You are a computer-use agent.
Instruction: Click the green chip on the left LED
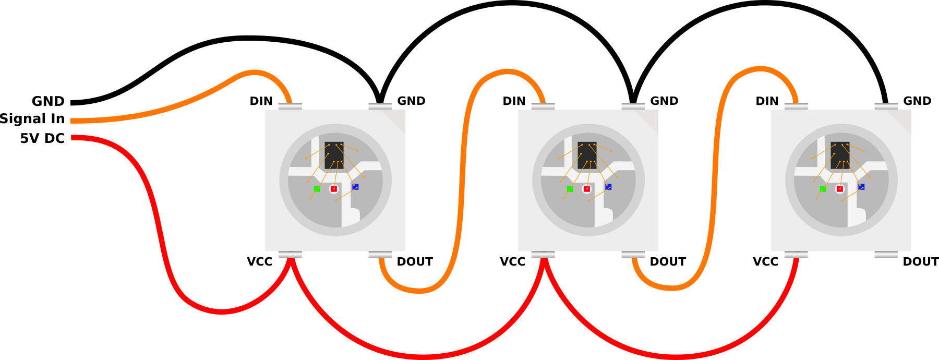(x=317, y=189)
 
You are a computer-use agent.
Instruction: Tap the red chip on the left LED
(x=334, y=189)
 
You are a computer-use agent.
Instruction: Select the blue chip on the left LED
(x=355, y=187)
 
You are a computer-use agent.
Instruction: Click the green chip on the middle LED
(x=570, y=189)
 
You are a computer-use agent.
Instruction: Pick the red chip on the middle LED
(x=587, y=189)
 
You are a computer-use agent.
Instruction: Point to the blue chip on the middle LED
(x=608, y=187)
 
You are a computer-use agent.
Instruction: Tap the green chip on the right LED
(x=823, y=189)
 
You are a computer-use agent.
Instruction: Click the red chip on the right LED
(x=840, y=189)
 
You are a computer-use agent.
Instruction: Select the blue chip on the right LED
(x=861, y=187)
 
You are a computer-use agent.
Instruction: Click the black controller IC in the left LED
(x=334, y=155)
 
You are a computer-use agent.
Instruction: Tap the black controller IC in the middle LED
(x=587, y=155)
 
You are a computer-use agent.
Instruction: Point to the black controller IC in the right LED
(x=840, y=155)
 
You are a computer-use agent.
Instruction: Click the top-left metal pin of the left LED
(x=290, y=106)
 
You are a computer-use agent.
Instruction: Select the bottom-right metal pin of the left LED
(x=380, y=255)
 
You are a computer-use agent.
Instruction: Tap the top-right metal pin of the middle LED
(x=633, y=106)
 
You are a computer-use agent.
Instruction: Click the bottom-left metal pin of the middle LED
(x=543, y=255)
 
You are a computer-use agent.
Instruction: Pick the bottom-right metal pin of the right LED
(x=886, y=255)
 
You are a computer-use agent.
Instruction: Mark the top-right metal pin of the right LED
(x=886, y=106)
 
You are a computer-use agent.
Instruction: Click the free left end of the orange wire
(x=72, y=121)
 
